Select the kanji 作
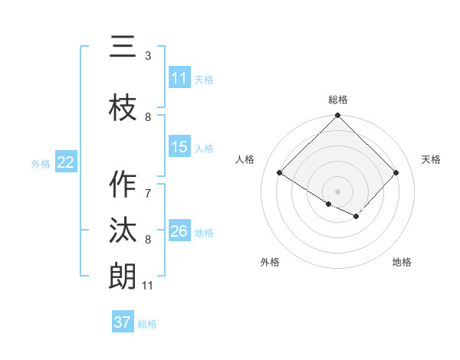point(123,185)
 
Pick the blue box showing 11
point(179,78)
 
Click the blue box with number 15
point(179,148)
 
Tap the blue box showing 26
point(179,231)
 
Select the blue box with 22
point(66,162)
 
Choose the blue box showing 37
point(123,322)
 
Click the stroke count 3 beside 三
point(148,56)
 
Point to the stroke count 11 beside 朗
point(147,286)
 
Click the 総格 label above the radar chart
point(338,100)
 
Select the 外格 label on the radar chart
point(270,262)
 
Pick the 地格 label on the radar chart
point(402,262)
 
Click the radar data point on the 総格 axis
point(338,116)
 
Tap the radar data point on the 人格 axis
point(280,173)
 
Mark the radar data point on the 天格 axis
point(396,173)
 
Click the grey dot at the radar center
point(338,191)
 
